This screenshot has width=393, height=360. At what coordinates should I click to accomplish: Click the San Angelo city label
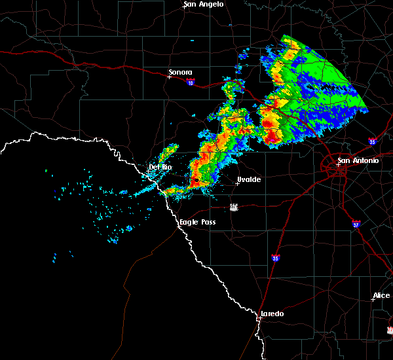203,4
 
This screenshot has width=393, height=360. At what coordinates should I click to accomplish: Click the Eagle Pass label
198,223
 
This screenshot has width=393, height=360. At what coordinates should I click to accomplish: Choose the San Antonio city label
358,160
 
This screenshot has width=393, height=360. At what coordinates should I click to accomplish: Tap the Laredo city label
272,314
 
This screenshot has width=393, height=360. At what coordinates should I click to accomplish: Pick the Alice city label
381,296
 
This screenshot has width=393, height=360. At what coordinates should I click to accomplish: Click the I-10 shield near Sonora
190,82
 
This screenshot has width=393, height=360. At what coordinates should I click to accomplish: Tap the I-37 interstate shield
356,224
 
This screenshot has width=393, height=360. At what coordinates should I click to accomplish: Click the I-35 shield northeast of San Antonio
371,141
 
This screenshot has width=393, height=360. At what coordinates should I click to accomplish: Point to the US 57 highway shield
234,207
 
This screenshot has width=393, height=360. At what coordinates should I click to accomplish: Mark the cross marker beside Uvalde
237,183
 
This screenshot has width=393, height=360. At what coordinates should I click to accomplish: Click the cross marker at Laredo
261,318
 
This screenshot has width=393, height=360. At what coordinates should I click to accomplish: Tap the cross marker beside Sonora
169,77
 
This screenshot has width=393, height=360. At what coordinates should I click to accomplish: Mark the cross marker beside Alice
373,300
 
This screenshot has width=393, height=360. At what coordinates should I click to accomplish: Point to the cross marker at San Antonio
339,165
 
